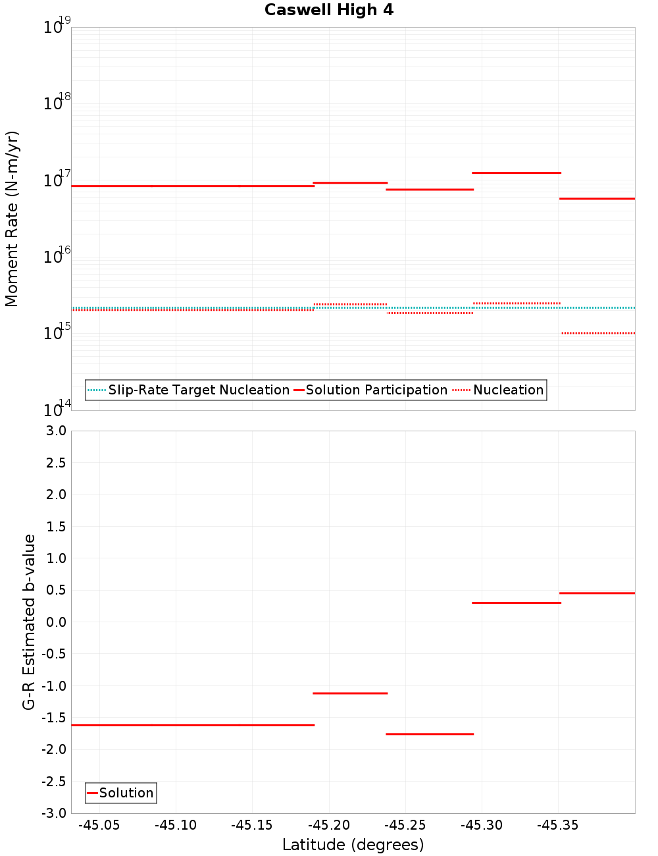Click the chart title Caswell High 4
[x=329, y=10]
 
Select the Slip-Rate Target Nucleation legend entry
[x=198, y=390]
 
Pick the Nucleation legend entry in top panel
[x=508, y=390]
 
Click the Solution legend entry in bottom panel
[x=126, y=793]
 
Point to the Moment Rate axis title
[x=12, y=219]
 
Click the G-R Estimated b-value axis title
[x=29, y=622]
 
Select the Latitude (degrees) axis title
[x=353, y=845]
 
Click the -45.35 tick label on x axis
[x=558, y=825]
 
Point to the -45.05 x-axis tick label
[x=99, y=825]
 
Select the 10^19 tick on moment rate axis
[x=57, y=27]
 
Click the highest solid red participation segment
[x=517, y=173]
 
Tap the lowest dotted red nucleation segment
[x=597, y=333]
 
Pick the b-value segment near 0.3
[x=517, y=602]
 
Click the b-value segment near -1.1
[x=350, y=693]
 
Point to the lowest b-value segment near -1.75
[x=430, y=734]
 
